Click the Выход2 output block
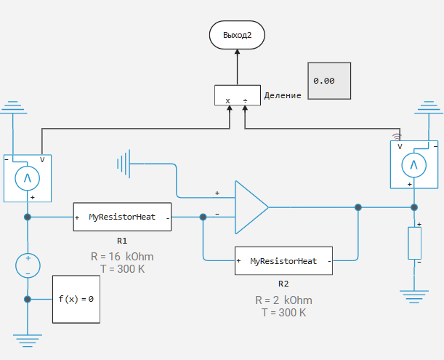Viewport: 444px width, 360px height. coord(237,34)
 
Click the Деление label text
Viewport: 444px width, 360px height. coord(283,95)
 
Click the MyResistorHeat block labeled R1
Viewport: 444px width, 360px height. coord(122,217)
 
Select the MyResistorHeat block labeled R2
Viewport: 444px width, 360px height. coord(283,260)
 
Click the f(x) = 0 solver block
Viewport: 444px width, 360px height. coord(76,299)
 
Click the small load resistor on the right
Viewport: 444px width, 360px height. coord(415,243)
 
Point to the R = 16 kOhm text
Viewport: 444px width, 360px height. coord(122,257)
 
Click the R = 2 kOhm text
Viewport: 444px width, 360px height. coord(283,300)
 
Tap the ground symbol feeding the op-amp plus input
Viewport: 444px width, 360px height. coord(124,164)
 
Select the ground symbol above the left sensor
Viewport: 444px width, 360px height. coord(12,109)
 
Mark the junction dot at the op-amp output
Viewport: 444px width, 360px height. coord(358,208)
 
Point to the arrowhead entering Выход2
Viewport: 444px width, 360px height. coord(237,52)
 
